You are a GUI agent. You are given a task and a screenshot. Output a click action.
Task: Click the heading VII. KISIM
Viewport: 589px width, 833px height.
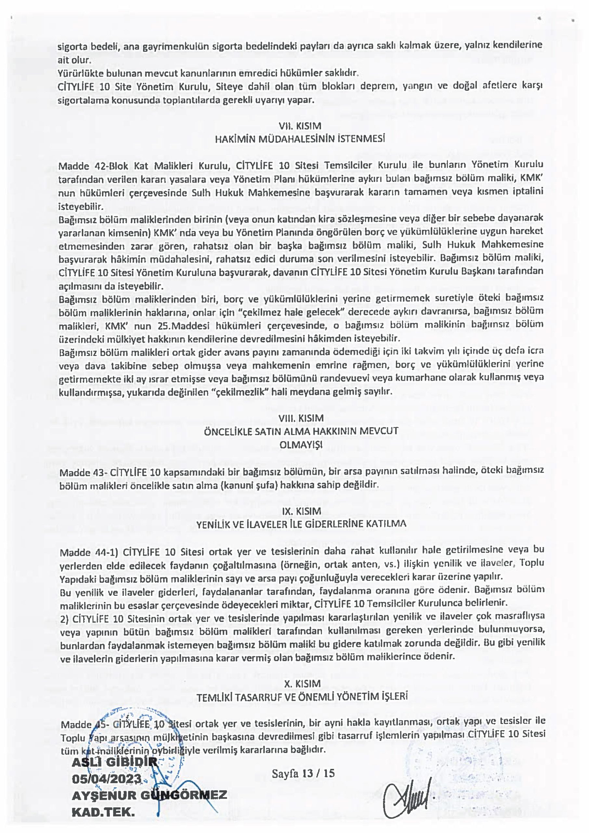point(300,126)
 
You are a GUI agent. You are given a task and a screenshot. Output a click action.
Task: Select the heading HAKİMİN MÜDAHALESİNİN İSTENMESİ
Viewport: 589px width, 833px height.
point(300,139)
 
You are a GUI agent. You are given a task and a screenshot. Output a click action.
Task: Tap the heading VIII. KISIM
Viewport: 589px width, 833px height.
point(301,418)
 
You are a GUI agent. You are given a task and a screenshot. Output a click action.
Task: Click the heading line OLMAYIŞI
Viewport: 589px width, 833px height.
point(301,444)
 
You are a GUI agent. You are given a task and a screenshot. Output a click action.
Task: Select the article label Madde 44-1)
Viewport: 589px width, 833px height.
point(91,552)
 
